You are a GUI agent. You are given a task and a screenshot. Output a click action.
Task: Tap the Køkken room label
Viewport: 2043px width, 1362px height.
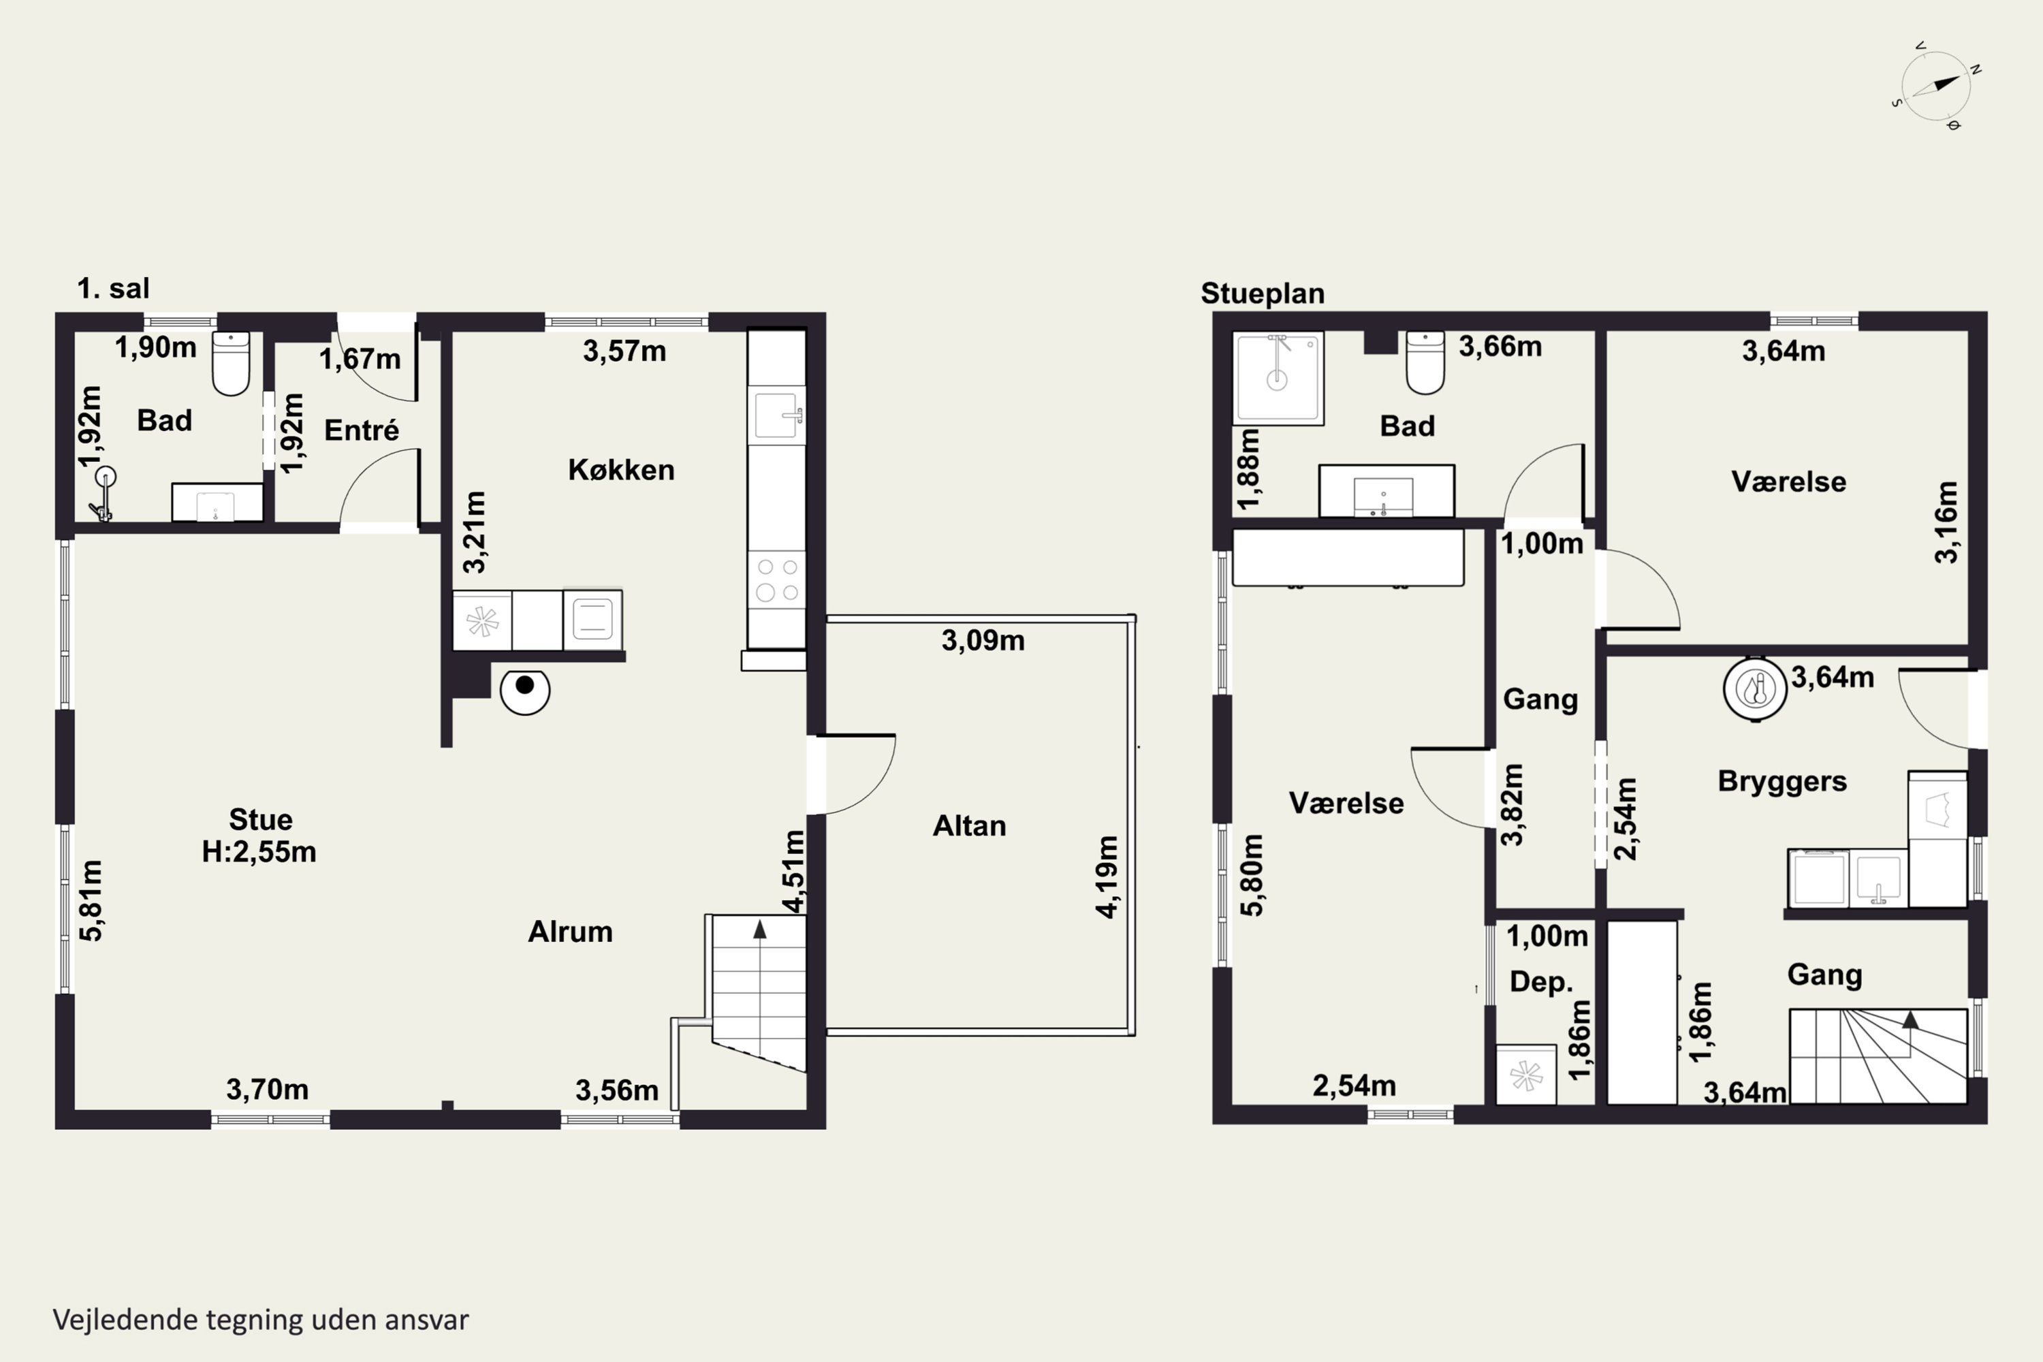pos(621,470)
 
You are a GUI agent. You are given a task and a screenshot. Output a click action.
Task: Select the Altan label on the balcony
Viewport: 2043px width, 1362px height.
pos(969,825)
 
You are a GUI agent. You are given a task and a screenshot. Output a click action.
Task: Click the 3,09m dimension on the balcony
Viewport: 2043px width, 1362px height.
pos(983,641)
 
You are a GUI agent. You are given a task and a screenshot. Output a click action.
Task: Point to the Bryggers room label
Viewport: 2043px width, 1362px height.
pos(1782,782)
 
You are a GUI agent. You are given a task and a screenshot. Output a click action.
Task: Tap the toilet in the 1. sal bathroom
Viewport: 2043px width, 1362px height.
pos(231,362)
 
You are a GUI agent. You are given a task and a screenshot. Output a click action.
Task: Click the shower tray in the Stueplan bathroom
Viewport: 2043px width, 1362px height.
pos(1278,378)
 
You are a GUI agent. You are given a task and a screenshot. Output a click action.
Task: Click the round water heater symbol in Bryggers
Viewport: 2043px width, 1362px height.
pos(1756,688)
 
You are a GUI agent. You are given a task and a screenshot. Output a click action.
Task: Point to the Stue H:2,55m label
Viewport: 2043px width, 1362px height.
pos(259,836)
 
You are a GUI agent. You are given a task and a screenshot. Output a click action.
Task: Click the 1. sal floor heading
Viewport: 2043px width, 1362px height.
pos(113,288)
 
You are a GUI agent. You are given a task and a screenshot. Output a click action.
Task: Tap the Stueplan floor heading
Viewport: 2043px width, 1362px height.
pos(1263,294)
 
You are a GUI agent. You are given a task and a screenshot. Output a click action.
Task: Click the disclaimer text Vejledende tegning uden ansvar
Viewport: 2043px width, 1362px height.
pos(261,1320)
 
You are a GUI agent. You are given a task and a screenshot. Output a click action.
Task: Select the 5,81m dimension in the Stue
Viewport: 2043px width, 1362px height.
pos(91,901)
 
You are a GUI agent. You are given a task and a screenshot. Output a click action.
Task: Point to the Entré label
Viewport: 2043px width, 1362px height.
pos(362,430)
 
